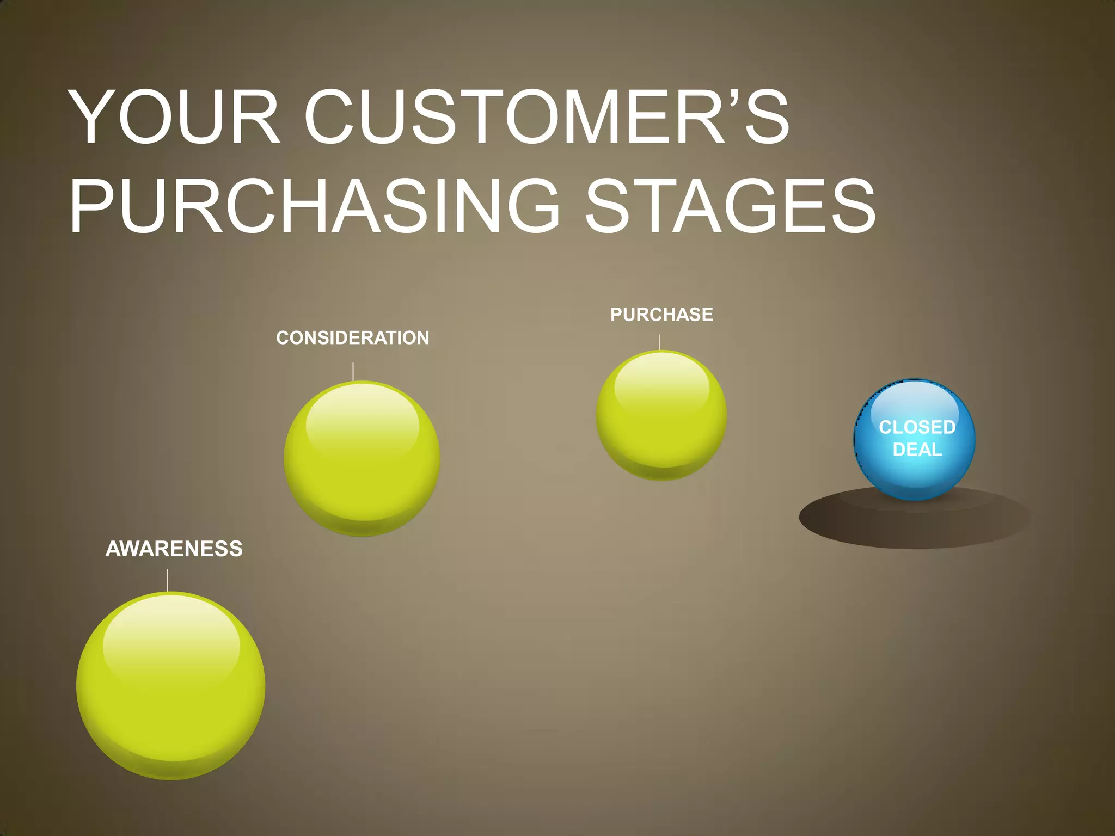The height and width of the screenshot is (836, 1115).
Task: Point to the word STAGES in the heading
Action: [x=730, y=207]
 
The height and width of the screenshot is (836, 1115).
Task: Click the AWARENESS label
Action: [x=174, y=549]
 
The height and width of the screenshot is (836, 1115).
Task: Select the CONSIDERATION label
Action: [x=353, y=338]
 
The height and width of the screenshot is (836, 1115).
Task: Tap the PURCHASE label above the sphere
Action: [x=661, y=315]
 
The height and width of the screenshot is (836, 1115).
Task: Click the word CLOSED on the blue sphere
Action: [x=917, y=427]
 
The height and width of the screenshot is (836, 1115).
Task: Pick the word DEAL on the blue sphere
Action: [x=917, y=450]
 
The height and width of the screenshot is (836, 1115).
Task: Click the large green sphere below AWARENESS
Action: [x=171, y=708]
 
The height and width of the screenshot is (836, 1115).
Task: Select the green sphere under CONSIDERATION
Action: [x=362, y=479]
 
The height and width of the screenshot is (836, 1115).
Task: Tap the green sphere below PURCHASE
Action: [x=661, y=435]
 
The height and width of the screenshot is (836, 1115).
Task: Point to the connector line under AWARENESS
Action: [x=167, y=580]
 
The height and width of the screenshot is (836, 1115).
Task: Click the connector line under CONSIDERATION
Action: [x=353, y=371]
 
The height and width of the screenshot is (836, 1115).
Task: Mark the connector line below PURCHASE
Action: [x=660, y=342]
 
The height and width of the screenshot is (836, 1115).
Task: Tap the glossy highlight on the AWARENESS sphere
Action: [x=171, y=634]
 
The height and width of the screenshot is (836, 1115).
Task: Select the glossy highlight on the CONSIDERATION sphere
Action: [x=362, y=419]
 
